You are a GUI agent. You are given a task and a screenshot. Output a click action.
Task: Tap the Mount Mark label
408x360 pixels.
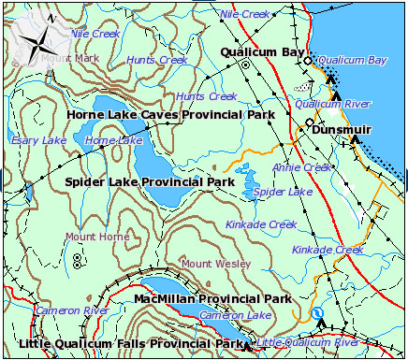click(x=70, y=59)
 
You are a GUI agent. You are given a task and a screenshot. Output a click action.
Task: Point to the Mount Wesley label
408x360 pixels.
click(x=216, y=264)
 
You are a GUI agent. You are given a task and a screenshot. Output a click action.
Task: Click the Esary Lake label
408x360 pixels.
click(x=38, y=140)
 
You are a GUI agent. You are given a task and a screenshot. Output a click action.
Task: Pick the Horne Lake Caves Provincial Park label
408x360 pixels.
click(x=170, y=115)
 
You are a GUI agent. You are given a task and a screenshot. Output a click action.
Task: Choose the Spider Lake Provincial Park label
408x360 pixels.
click(x=149, y=181)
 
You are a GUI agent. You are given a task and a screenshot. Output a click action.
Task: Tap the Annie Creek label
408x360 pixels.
click(x=302, y=167)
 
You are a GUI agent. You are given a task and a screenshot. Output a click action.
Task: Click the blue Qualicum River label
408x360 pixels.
click(x=340, y=104)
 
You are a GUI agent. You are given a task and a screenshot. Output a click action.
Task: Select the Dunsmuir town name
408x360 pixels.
click(x=342, y=130)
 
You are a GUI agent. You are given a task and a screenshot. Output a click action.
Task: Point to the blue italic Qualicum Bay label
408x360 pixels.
click(x=352, y=60)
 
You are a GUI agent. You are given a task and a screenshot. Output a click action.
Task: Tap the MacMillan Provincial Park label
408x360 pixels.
click(x=212, y=299)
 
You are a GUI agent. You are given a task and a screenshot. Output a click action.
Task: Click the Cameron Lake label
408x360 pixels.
click(x=235, y=316)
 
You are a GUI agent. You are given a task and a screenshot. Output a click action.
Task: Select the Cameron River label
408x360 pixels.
click(x=72, y=310)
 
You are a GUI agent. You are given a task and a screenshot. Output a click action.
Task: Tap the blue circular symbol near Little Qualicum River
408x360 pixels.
click(x=316, y=313)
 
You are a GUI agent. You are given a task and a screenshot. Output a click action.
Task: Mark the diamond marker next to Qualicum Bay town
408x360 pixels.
click(x=307, y=60)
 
